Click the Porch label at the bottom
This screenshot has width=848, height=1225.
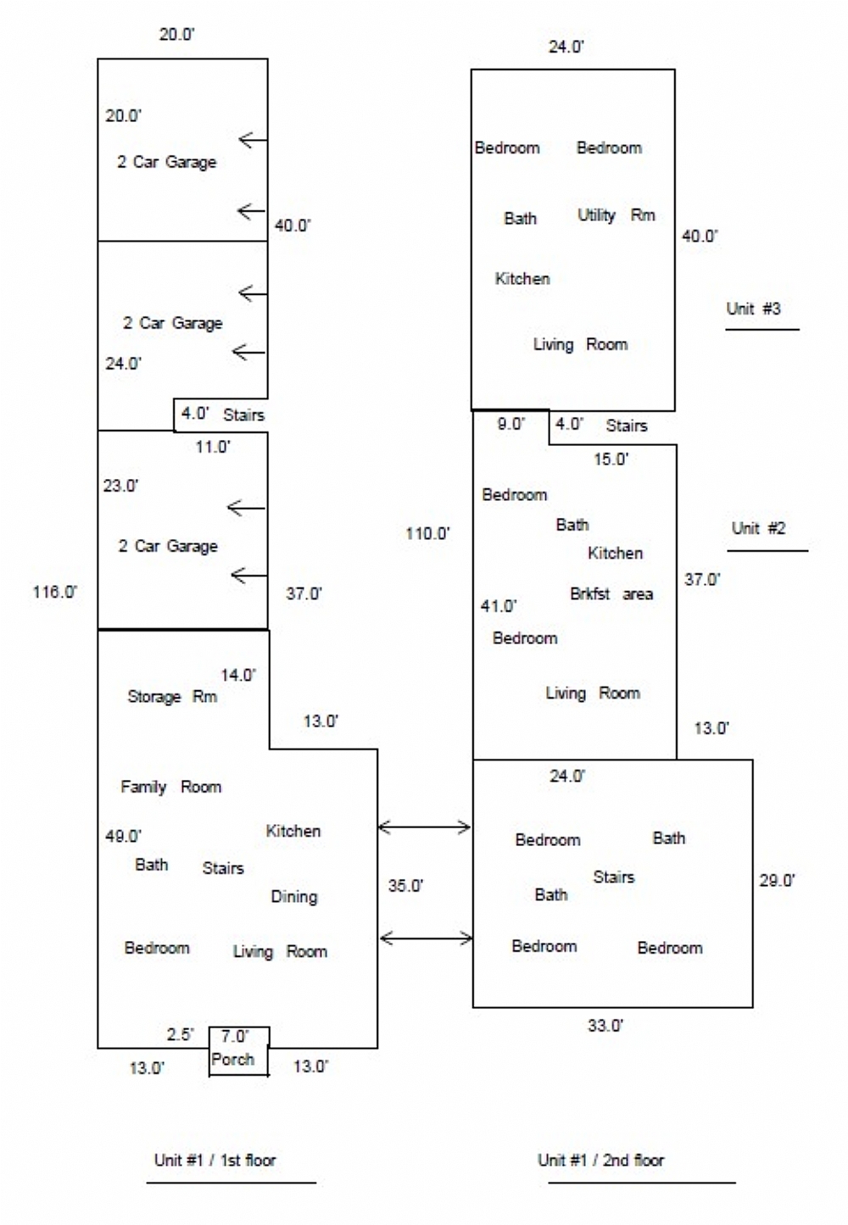232,1060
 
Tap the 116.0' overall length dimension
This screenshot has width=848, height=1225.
55,593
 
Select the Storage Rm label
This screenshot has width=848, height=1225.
172,697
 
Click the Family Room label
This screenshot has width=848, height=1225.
170,788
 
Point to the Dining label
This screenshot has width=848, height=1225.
293,897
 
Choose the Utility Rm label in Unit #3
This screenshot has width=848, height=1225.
616,215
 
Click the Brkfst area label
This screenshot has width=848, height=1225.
611,594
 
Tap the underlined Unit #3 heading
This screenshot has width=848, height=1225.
753,309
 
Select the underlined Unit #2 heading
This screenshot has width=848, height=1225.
758,529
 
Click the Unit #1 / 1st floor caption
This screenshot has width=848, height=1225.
215,1161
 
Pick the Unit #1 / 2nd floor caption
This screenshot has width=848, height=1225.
600,1161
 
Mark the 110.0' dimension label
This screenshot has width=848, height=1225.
427,534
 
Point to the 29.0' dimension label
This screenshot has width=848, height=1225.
777,881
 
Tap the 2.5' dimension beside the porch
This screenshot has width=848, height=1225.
180,1035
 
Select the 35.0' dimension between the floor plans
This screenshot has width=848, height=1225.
405,886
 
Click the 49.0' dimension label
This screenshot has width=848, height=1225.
123,837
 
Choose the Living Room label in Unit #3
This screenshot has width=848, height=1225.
580,345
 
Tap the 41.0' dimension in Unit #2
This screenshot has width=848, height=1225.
499,607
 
